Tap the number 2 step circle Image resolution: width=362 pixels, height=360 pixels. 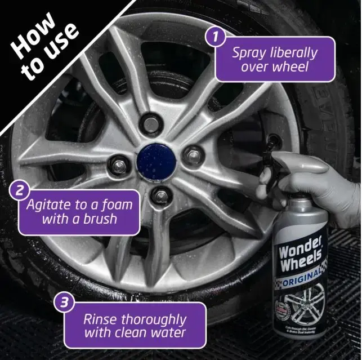19,190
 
